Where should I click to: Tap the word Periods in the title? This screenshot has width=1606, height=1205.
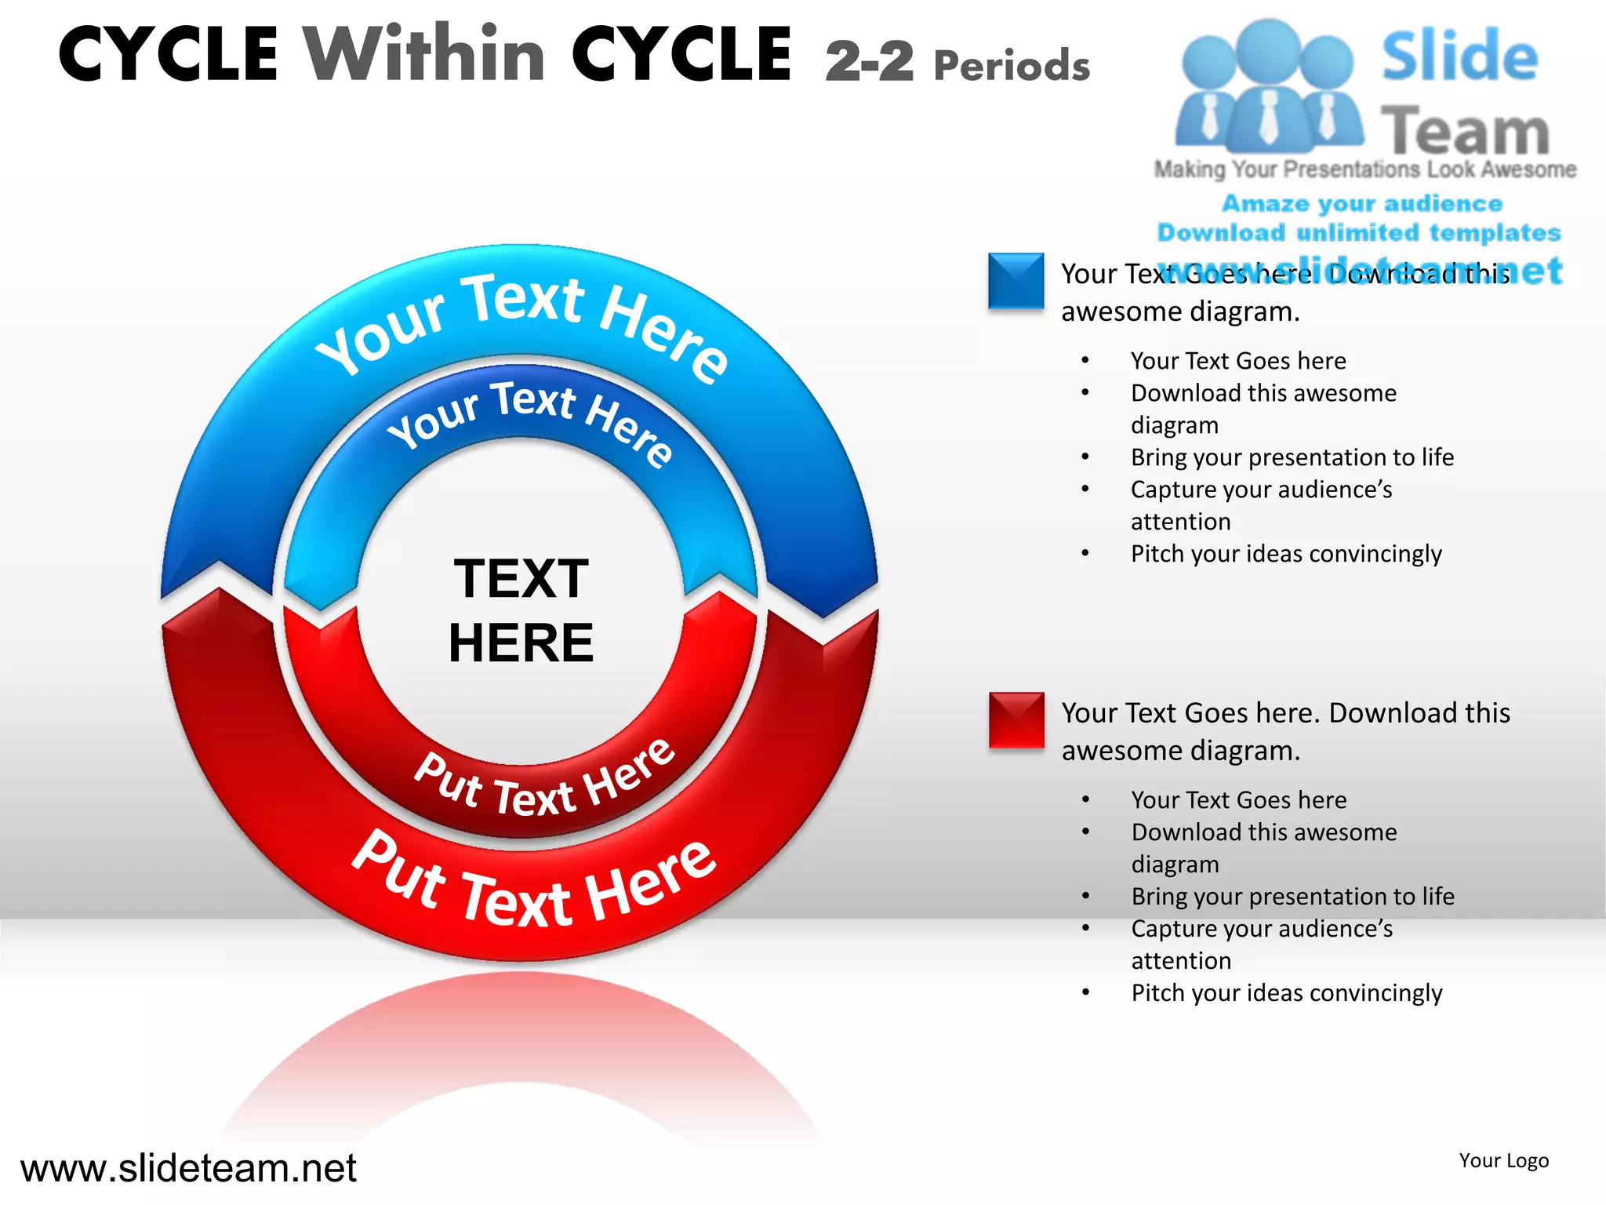pyautogui.click(x=1012, y=66)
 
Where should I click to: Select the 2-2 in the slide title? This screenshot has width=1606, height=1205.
pyautogui.click(x=870, y=61)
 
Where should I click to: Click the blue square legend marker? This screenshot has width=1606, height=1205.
pyautogui.click(x=1016, y=280)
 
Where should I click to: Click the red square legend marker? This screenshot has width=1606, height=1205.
pyautogui.click(x=1016, y=719)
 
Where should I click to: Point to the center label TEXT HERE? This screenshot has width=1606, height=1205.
pyautogui.click(x=521, y=610)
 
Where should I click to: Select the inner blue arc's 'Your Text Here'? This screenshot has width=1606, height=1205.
pyautogui.click(x=530, y=420)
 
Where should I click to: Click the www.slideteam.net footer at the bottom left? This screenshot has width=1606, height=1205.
pyautogui.click(x=188, y=1168)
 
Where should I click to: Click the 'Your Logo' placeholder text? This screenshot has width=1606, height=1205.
pyautogui.click(x=1503, y=1160)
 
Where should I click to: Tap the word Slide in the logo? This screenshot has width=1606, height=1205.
pyautogui.click(x=1459, y=56)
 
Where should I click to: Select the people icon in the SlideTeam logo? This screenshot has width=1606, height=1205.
pyautogui.click(x=1268, y=86)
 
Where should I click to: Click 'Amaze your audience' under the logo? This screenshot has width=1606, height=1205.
pyautogui.click(x=1362, y=203)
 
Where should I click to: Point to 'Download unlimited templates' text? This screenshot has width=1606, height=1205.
pyautogui.click(x=1359, y=232)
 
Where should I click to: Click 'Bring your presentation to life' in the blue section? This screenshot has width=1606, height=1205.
pyautogui.click(x=1292, y=457)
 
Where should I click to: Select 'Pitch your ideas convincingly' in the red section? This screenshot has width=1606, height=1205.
pyautogui.click(x=1286, y=992)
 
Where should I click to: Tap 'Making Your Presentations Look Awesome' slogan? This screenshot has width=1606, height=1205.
pyautogui.click(x=1364, y=169)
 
